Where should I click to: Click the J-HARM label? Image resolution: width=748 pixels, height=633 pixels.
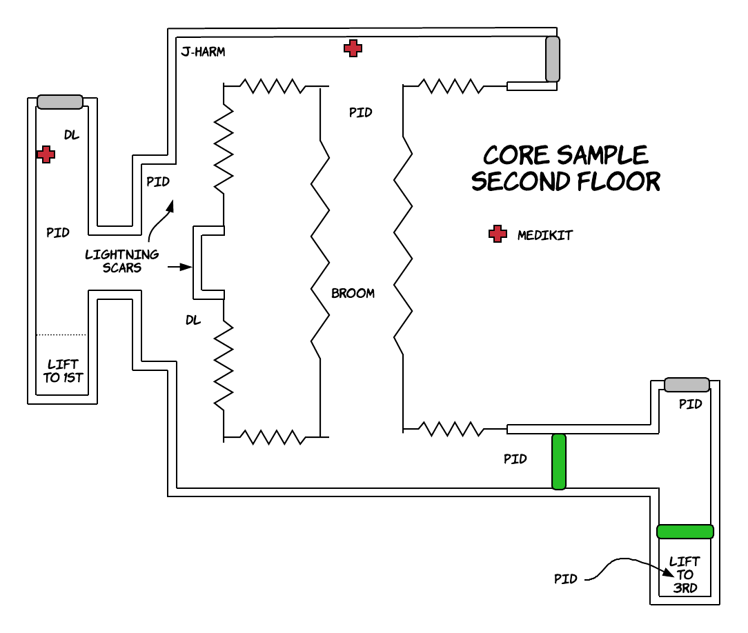coord(203,52)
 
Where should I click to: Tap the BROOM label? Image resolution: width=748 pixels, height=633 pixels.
coord(353,293)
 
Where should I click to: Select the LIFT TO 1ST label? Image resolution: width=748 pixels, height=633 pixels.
coord(63,370)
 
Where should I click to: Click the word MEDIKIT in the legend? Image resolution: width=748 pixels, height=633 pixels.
coord(544,235)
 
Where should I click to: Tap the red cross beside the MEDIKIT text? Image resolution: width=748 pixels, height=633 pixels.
coord(497,234)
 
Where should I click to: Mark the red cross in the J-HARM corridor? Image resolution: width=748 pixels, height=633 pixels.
coord(353,48)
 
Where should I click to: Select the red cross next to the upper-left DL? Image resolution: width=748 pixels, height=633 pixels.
coord(46,154)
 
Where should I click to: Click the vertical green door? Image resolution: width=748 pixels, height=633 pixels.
coord(559,461)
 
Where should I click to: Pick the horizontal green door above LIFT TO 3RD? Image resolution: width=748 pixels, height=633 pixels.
coord(685,531)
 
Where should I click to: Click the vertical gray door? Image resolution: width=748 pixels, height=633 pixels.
coord(553,59)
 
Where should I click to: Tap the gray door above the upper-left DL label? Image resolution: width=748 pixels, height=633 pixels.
coord(60,102)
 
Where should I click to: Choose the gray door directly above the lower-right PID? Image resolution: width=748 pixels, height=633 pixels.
coord(686,384)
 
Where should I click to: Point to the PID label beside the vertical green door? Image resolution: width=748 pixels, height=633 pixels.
coord(515,459)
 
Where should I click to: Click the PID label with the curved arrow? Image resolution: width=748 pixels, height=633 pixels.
coord(565,579)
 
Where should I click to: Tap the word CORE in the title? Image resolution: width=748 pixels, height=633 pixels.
coord(517,154)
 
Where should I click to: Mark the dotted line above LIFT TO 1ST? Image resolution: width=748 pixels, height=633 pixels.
coord(61,335)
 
